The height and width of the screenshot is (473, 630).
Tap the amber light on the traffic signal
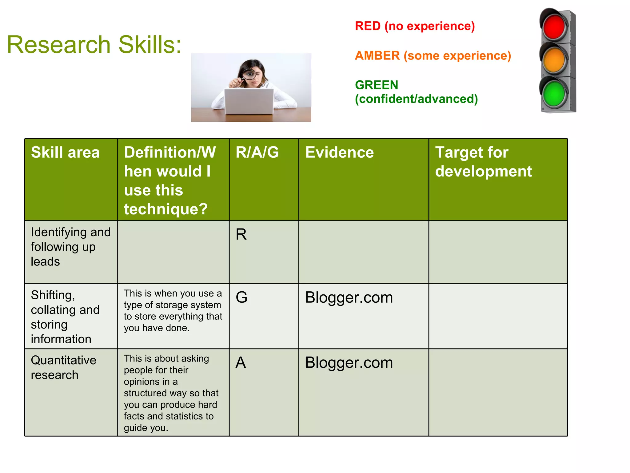554,60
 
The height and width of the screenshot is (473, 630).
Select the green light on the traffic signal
554,93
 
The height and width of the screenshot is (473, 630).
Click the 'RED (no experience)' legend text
415,26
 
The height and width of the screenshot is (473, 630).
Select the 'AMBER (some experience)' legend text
433,56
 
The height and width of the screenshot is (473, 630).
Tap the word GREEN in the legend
377,85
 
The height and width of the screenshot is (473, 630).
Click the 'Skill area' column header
65,152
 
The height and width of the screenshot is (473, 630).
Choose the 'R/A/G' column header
257,152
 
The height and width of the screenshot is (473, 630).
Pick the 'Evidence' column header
339,152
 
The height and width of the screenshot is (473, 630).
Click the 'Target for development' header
483,162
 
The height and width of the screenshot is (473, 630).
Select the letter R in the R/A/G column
241,235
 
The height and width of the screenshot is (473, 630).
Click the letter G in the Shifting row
241,297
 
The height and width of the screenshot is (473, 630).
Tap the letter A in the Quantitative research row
241,363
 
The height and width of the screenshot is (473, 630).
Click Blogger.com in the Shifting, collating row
349,298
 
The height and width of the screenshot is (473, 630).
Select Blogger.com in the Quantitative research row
349,363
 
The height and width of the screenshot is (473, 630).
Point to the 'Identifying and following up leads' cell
70,247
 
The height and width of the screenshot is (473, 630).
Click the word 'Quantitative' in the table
64,360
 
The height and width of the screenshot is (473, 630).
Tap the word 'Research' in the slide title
58,45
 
